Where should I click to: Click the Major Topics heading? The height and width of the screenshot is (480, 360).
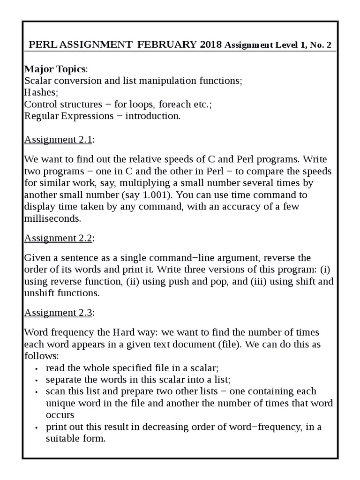point(54,69)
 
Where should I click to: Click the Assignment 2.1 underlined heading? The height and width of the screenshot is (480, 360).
point(58,140)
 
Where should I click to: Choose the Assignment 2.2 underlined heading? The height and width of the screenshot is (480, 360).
point(58,238)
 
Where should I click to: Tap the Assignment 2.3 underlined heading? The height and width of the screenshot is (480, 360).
point(58,312)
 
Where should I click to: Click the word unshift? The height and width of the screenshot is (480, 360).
point(40,293)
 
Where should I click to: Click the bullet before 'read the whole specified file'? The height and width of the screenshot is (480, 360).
point(37,368)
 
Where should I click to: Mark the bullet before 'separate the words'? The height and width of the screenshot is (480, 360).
point(37,380)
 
